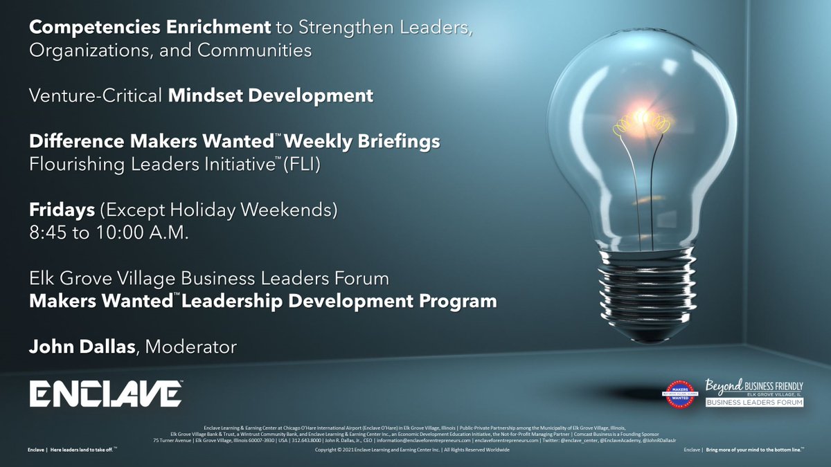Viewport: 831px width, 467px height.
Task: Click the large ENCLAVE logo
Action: (x=106, y=393)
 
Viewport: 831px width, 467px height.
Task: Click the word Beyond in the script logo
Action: (x=724, y=385)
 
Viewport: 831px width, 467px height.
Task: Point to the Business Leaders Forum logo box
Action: (x=754, y=402)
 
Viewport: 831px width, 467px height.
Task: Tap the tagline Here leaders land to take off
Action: (x=72, y=450)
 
